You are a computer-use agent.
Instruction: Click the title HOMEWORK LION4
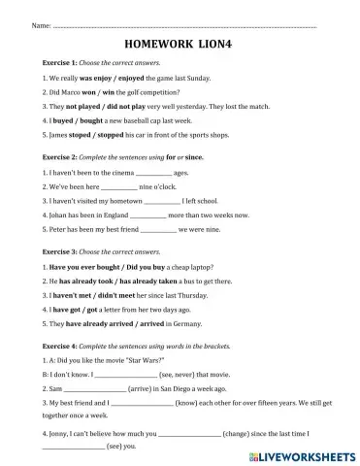tap(180, 44)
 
